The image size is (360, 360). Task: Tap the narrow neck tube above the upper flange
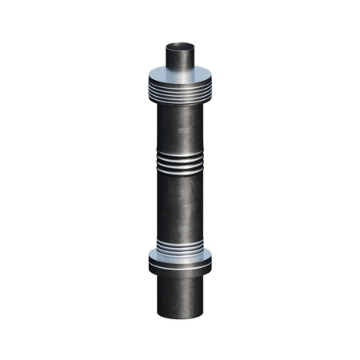pos(181,58)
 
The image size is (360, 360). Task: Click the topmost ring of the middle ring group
pos(181,156)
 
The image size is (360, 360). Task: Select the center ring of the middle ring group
pos(181,164)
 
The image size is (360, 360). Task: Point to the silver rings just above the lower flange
pos(181,246)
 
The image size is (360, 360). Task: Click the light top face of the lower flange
pos(181,256)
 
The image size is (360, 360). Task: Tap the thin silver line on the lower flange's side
pos(181,263)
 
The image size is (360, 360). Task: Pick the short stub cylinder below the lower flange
pos(181,296)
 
